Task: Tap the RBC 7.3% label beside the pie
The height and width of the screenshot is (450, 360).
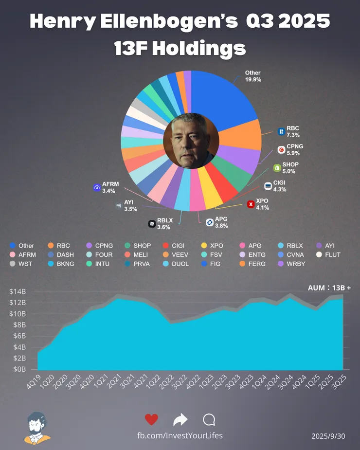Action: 293,132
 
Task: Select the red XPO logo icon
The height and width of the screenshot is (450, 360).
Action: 251,204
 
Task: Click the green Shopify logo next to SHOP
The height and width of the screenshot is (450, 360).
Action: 277,168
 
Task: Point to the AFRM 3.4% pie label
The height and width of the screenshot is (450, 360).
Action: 110,187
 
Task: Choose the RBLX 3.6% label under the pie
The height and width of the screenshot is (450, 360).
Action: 165,223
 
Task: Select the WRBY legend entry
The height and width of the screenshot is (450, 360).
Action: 294,264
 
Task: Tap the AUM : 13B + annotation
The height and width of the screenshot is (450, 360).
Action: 329,288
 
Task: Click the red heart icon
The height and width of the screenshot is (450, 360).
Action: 152,419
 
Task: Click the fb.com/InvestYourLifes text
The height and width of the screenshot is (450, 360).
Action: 180,435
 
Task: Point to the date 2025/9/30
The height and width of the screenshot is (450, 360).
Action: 328,436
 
